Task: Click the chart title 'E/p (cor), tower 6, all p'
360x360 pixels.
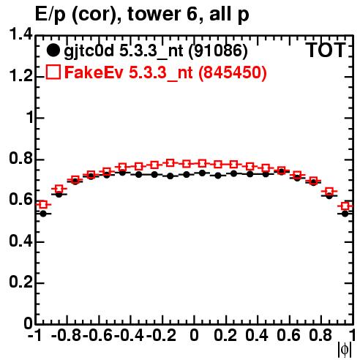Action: [x=142, y=15]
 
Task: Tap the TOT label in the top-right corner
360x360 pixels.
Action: [x=326, y=50]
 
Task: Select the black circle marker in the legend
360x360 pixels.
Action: [x=53, y=50]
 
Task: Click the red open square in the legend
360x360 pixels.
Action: [x=53, y=72]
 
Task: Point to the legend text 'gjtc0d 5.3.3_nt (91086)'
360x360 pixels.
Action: [x=156, y=51]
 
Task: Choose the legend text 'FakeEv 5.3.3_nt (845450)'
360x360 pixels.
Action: [x=165, y=72]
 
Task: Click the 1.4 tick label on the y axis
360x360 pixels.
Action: [x=20, y=34]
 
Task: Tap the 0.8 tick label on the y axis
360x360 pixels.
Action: [x=20, y=158]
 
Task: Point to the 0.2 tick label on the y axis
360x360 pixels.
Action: [x=20, y=282]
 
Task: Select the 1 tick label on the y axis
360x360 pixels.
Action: [x=30, y=118]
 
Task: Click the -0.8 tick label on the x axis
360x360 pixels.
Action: [x=66, y=335]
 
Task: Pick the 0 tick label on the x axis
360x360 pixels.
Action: [x=194, y=335]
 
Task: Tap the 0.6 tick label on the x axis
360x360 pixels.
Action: [x=288, y=335]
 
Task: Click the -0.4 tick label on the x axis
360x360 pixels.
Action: [x=129, y=335]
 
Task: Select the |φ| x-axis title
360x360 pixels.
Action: [x=345, y=350]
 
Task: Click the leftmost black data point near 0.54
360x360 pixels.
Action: [x=43, y=214]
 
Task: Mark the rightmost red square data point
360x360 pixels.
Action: [x=345, y=206]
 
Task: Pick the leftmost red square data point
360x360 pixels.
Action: [x=43, y=205]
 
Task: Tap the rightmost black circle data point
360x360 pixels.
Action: [x=345, y=214]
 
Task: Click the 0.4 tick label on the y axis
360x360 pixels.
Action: [x=20, y=241]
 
